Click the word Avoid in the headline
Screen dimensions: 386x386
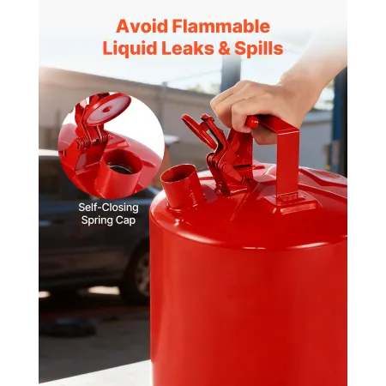pos(142,27)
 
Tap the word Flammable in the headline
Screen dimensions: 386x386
pos(221,27)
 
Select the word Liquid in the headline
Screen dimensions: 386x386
pos(130,49)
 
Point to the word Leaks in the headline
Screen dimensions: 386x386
pos(188,48)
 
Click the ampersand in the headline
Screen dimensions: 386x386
pos(224,48)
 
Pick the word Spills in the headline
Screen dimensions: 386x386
pos(259,49)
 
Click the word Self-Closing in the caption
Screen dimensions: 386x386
pos(108,208)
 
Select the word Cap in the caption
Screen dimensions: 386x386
pos(125,220)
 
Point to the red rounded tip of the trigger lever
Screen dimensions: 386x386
pos(252,122)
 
